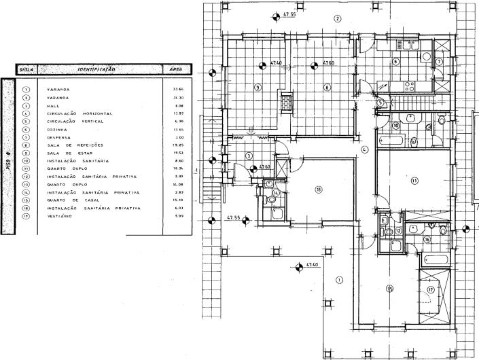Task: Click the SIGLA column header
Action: point(27,69)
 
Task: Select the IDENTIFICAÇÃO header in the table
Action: point(97,69)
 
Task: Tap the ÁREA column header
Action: point(174,69)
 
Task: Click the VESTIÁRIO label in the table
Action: point(61,216)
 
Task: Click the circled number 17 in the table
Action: point(26,216)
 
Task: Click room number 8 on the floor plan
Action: point(327,87)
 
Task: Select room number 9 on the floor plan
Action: point(258,87)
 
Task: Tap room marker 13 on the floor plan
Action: point(318,189)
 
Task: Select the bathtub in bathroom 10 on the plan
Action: point(395,142)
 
